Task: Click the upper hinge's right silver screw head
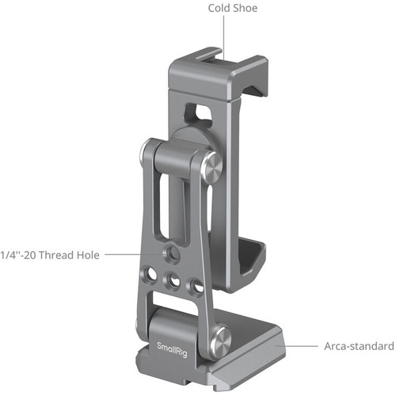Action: point(211,167)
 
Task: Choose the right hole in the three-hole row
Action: point(191,286)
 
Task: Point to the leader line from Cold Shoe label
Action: point(223,36)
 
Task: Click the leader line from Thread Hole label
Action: point(135,254)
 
